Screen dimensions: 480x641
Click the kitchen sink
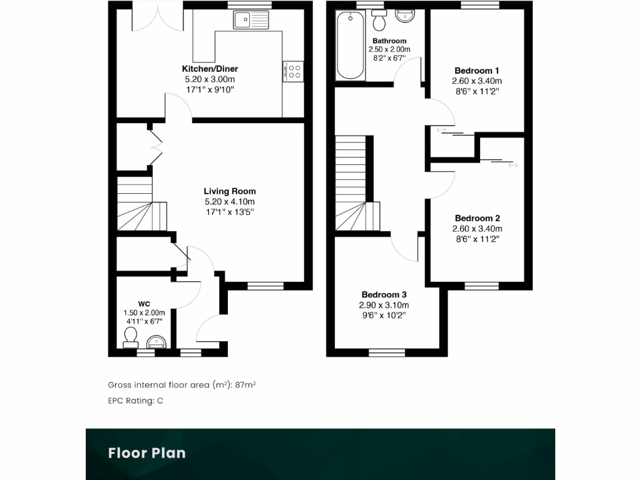pos(251,21)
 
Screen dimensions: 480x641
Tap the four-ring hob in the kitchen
pos(293,71)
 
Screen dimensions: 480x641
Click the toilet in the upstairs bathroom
pos(378,22)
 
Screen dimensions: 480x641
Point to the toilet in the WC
pos(131,338)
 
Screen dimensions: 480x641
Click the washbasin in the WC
pos(156,341)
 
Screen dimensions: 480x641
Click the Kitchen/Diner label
pos(210,69)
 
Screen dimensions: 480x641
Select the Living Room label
pos(229,191)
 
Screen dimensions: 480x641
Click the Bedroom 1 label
pos(476,71)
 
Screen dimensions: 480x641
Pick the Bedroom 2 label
pos(477,218)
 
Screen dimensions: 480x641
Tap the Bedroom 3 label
pos(384,294)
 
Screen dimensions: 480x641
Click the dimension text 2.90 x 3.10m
pos(384,305)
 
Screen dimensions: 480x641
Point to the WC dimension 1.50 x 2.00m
pos(144,313)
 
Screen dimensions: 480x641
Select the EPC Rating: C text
pos(135,401)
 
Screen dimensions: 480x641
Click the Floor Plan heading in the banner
pos(146,452)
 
